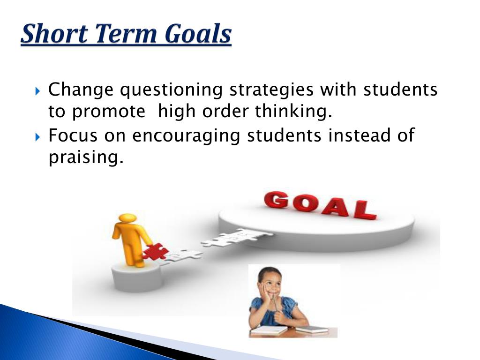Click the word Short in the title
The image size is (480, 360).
pos(54,33)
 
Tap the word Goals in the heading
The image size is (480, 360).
pos(198,33)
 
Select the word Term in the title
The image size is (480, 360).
pos(126,33)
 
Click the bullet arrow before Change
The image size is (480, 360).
pos(37,91)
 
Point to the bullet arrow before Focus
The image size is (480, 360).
pos(37,136)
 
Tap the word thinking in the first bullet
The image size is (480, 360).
pos(293,111)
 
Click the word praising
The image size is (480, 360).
pos(86,157)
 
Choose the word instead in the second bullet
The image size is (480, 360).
pos(360,135)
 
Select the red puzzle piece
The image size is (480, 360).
pos(155,252)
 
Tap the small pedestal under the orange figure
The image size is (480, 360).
pos(135,277)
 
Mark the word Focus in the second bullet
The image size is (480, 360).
pos(73,135)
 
